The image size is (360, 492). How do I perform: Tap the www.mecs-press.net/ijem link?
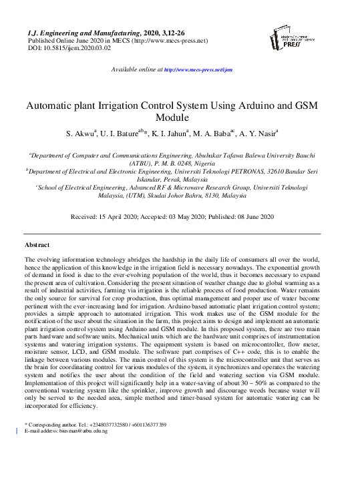[198, 69]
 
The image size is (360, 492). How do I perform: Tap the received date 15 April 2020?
[125, 217]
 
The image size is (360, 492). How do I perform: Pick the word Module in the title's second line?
[180, 117]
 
